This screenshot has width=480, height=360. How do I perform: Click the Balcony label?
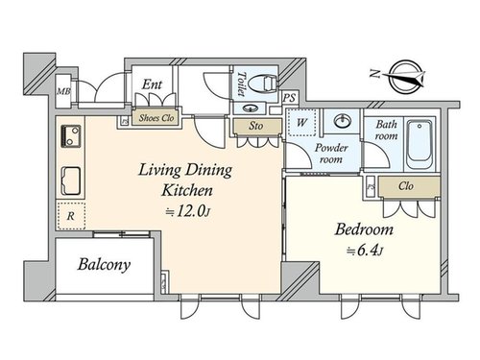click(x=104, y=265)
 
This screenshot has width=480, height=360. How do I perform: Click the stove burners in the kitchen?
click(x=71, y=135)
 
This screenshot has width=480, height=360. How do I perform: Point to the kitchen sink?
click(x=71, y=180)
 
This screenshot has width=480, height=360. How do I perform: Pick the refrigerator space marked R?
click(x=71, y=216)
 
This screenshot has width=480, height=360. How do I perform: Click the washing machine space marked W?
click(x=301, y=122)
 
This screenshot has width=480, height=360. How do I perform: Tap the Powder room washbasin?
click(x=342, y=121)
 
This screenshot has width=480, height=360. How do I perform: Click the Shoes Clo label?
click(x=156, y=118)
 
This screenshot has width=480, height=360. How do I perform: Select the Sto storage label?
click(x=255, y=126)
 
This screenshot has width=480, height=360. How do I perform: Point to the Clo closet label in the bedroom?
click(x=406, y=186)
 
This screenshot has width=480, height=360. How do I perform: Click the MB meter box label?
click(x=63, y=91)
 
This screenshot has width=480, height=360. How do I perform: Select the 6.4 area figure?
click(x=366, y=251)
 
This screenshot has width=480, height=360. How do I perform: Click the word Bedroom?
click(x=364, y=229)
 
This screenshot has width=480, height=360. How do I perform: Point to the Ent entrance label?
click(x=152, y=84)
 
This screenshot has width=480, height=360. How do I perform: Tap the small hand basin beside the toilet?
click(x=251, y=108)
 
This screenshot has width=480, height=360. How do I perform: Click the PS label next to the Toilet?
click(x=290, y=98)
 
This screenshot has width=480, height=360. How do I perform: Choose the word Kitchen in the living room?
click(x=187, y=190)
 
